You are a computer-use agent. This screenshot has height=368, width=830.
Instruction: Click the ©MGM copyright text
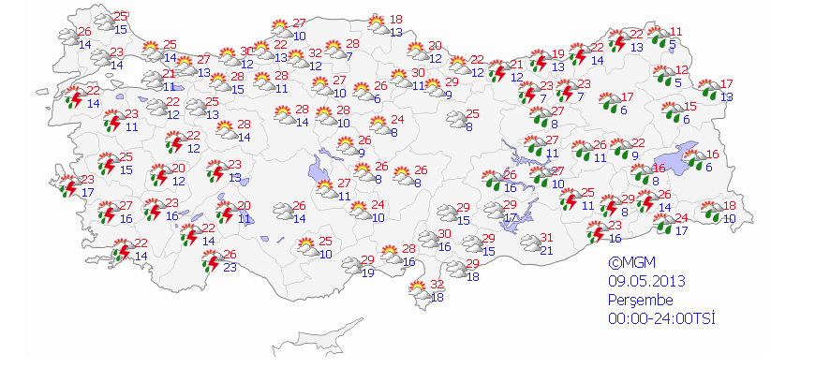(630, 263)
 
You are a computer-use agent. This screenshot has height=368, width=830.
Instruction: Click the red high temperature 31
(547, 238)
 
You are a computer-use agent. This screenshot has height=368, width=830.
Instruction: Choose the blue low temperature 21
(547, 250)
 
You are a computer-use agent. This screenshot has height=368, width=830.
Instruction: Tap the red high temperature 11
(676, 31)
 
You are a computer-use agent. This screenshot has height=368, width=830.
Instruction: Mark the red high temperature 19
(556, 54)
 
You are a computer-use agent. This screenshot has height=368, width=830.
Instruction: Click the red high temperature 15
(689, 106)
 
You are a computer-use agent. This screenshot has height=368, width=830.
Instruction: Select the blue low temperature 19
(367, 272)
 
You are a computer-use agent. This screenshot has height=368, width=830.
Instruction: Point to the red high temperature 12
(682, 70)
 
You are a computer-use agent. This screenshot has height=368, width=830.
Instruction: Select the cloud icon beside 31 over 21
(527, 243)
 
